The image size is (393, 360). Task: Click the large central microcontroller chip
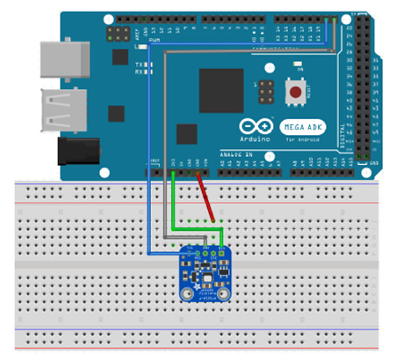point(221,90)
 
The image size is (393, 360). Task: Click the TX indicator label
point(139,63)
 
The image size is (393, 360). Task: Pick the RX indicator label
point(139,72)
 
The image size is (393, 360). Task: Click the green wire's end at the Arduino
point(175,174)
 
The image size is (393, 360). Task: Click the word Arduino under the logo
point(255,140)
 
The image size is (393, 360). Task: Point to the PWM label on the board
point(156,40)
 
